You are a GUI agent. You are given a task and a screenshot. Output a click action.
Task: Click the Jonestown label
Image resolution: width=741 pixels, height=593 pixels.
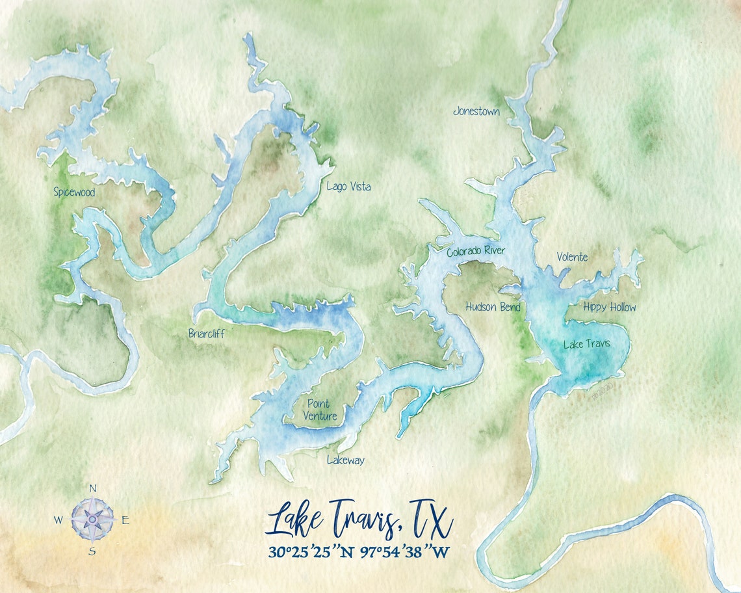476,112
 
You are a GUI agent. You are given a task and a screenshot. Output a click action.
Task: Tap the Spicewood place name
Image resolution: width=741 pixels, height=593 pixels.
74,192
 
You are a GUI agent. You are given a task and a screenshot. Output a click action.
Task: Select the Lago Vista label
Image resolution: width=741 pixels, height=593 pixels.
348,187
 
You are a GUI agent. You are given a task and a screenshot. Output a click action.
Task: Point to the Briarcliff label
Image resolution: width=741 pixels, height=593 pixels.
206,334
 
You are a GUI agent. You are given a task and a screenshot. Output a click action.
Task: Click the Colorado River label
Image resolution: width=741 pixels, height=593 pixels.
475,251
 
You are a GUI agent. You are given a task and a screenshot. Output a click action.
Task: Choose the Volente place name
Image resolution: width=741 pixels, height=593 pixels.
572,257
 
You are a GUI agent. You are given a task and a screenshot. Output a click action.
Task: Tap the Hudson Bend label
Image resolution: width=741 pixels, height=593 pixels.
493,307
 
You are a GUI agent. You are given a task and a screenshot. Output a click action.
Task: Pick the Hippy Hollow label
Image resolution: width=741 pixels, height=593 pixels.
609,307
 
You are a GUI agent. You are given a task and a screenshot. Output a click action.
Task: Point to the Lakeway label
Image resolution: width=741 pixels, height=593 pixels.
345,460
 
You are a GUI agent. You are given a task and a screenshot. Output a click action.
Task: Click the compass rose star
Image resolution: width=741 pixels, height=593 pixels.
92,520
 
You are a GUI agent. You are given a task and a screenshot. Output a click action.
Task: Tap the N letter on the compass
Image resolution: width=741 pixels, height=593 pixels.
92,488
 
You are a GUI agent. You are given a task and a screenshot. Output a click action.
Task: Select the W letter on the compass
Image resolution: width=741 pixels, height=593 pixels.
58,520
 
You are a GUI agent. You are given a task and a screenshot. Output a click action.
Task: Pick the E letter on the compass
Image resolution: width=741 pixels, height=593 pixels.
126,520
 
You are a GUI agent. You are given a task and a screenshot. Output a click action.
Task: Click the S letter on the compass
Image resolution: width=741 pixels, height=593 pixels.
92,551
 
